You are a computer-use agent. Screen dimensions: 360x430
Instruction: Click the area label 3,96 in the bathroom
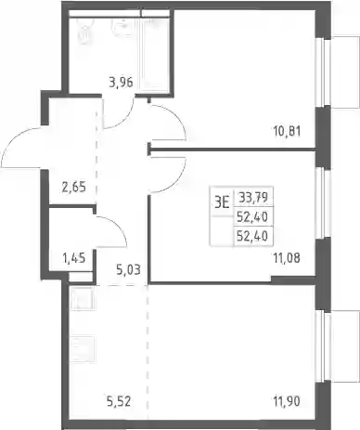(121, 83)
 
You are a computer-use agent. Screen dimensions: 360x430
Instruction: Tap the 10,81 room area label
(287, 131)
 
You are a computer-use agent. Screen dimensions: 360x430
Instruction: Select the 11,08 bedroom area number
(287, 257)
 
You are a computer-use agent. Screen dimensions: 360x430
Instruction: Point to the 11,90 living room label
(287, 401)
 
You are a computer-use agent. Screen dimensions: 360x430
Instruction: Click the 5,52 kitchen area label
(119, 401)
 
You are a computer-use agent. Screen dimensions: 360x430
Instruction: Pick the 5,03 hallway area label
(128, 269)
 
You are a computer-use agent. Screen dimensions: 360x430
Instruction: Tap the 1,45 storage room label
(74, 257)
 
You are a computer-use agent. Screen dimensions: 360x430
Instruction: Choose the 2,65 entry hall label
(73, 187)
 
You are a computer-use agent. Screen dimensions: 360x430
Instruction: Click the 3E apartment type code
(222, 203)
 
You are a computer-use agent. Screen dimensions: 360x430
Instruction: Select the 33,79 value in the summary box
(253, 197)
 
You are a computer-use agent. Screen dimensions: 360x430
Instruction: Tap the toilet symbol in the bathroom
(85, 32)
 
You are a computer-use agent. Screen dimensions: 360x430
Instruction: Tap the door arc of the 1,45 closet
(119, 225)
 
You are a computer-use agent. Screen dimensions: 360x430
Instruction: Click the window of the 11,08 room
(322, 203)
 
